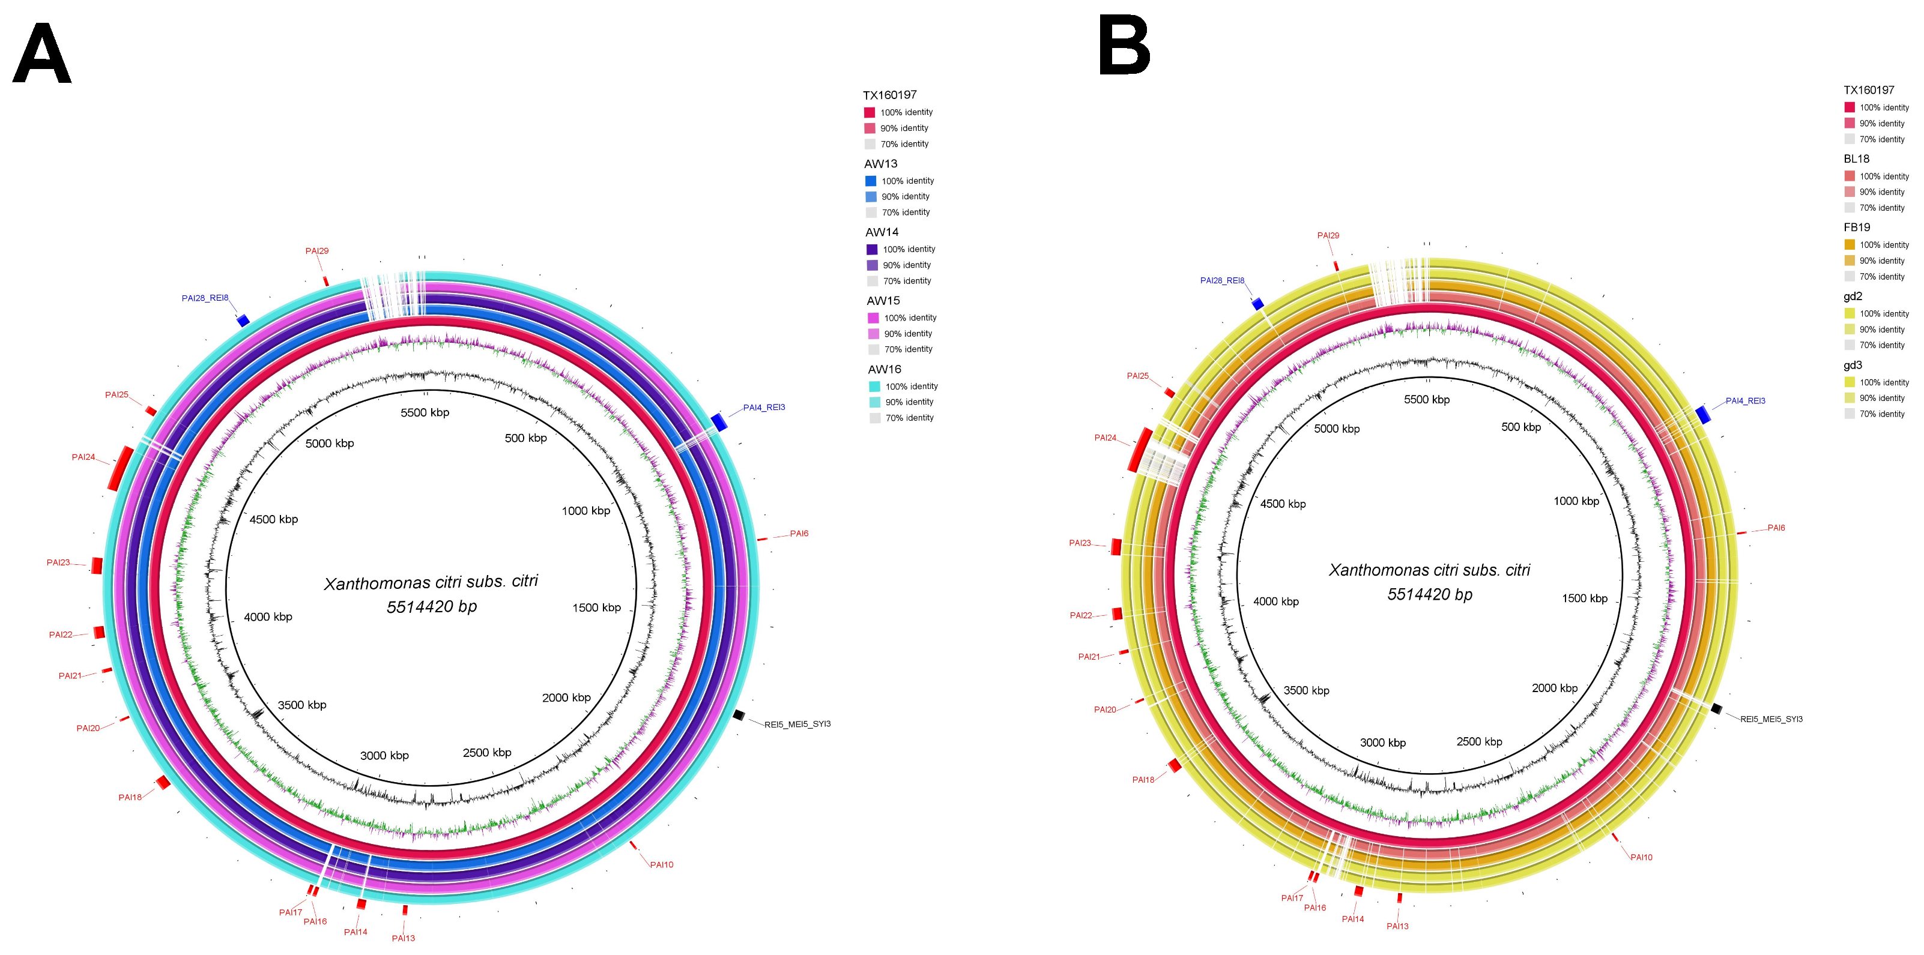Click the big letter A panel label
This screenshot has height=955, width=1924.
tap(42, 54)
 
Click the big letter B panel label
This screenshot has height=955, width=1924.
tap(1124, 46)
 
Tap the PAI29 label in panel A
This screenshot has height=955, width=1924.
tap(316, 251)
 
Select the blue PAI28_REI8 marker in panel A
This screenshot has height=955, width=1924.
tap(243, 321)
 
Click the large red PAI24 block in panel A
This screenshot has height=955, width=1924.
tap(119, 468)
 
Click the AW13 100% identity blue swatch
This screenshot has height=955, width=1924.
tap(871, 181)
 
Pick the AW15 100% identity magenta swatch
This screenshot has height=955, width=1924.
tap(873, 318)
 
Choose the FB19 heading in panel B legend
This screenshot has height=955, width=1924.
tap(1856, 227)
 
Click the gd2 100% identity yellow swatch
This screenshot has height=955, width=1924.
tap(1850, 313)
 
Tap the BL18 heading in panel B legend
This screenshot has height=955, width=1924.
tap(1856, 158)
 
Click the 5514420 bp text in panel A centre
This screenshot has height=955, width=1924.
tap(432, 606)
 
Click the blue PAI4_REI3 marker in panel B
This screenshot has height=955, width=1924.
tap(1703, 414)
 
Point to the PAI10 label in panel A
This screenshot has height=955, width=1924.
tap(661, 864)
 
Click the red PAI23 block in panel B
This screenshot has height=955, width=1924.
tap(1116, 547)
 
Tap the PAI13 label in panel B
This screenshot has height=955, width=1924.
tap(1397, 926)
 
